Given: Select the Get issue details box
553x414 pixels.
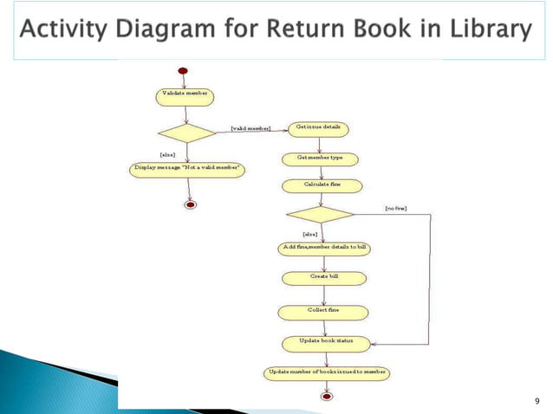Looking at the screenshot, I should coord(319,128).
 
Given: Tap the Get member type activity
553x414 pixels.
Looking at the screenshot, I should coord(320,158).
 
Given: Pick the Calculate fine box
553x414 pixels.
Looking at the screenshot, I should coord(320,185).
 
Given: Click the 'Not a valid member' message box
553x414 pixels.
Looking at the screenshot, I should coord(186,168).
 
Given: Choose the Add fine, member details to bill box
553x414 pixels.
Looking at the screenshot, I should coord(325,249).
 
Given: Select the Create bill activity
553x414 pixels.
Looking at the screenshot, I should coord(323,278).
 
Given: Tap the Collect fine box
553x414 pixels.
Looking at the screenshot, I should coord(323,311).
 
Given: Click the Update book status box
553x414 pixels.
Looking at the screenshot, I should coord(325,342).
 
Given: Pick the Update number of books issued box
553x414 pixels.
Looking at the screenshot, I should coord(326,373).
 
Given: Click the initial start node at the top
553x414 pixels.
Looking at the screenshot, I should coord(182,70).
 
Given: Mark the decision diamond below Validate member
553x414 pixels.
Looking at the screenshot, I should coord(185,133).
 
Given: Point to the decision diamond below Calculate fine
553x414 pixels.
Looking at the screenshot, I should coord(320,213).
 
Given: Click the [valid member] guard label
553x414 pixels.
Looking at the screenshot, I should coord(250,129).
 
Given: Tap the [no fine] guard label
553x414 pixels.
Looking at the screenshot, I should coord(395,209).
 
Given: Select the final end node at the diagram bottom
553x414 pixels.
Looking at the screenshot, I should coord(327,397).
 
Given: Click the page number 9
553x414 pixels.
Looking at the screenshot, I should coord(537,400).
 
